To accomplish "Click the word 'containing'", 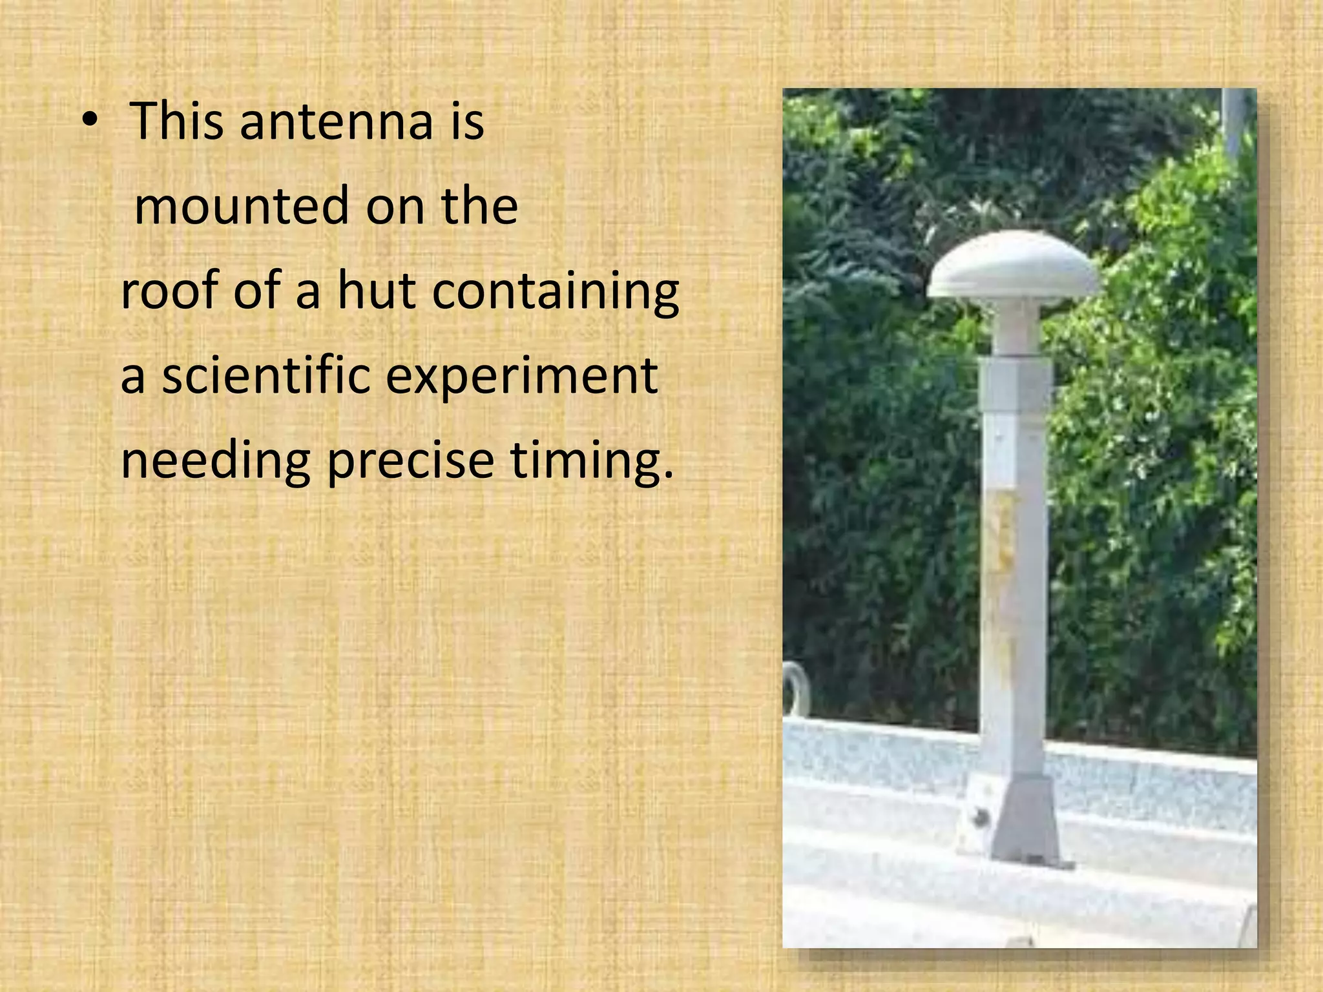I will (x=555, y=292).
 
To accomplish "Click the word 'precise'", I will (x=410, y=461).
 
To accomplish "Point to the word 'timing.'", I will (x=591, y=461).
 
